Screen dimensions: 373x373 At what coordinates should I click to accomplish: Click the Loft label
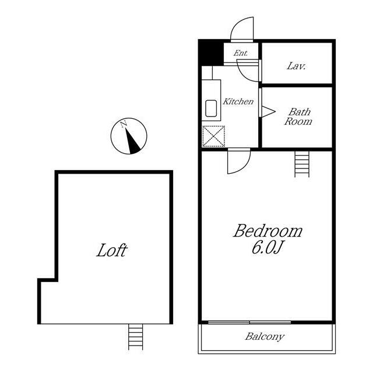pyautogui.click(x=112, y=250)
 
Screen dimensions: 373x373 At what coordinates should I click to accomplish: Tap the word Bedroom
pyautogui.click(x=268, y=231)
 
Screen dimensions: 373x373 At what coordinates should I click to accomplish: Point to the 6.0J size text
pyautogui.click(x=267, y=248)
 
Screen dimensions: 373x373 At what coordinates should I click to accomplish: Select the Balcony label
pyautogui.click(x=265, y=337)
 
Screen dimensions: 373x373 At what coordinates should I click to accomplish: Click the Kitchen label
pyautogui.click(x=238, y=101)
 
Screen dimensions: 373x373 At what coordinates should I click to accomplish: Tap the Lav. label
pyautogui.click(x=296, y=66)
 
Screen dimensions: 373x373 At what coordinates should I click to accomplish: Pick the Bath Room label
pyautogui.click(x=298, y=117)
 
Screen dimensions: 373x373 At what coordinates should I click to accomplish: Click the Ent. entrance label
pyautogui.click(x=241, y=53)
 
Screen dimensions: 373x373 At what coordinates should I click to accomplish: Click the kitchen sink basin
pyautogui.click(x=211, y=108)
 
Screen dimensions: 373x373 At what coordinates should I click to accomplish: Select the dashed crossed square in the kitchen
pyautogui.click(x=213, y=136)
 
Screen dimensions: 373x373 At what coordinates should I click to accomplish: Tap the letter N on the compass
pyautogui.click(x=123, y=124)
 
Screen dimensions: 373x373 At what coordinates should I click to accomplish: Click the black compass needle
pyautogui.click(x=132, y=141)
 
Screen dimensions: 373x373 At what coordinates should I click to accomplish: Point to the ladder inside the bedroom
pyautogui.click(x=302, y=164)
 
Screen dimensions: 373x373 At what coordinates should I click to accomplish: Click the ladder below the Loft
pyautogui.click(x=136, y=337)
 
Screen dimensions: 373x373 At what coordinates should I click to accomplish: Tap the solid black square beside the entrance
pyautogui.click(x=211, y=54)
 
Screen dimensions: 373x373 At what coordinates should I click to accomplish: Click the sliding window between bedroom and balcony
pyautogui.click(x=249, y=322)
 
